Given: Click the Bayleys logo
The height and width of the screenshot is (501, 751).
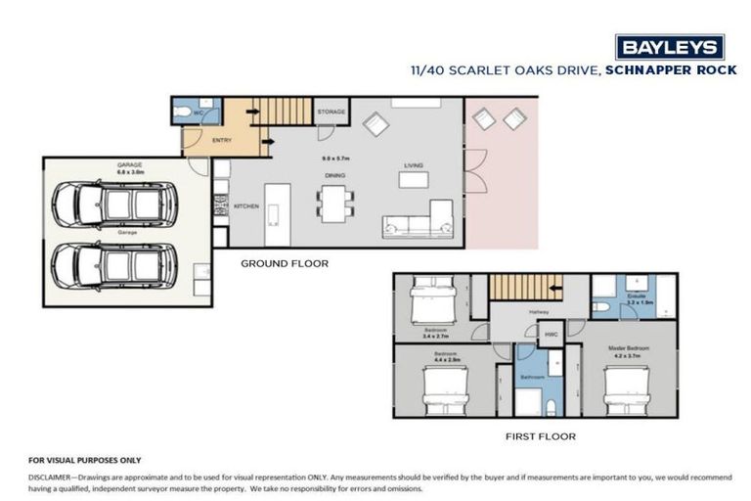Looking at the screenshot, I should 669,46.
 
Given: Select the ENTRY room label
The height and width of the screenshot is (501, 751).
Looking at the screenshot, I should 222,141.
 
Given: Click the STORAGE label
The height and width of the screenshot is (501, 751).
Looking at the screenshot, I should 331,113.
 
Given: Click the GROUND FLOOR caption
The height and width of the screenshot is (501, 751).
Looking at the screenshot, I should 285,263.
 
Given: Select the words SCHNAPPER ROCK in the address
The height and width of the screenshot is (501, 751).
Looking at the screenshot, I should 664,69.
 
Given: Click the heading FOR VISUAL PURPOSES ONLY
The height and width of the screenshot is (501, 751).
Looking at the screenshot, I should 85,460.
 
